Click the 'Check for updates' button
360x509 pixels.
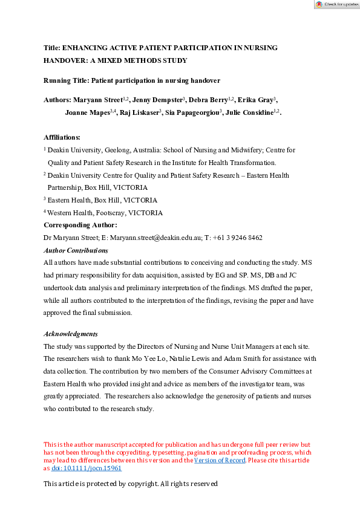pos(336,4)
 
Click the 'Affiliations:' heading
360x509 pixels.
pos(62,137)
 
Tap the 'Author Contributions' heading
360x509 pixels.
pos(76,250)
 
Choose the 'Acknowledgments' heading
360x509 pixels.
pos(71,334)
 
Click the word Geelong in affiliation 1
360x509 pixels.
pos(115,149)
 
